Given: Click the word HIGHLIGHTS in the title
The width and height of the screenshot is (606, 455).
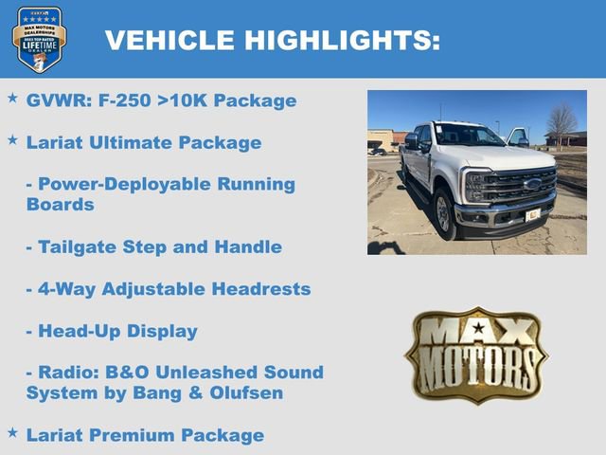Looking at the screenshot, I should point(342,41).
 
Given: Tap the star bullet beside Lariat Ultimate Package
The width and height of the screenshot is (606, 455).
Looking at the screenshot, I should point(12,140).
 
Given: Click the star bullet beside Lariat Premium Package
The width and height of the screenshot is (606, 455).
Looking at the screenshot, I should point(12,433).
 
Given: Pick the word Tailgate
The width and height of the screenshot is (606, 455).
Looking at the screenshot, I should point(77,247).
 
